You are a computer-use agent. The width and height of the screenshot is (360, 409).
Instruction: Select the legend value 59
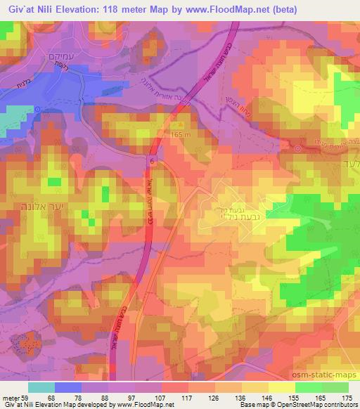[x=27, y=399]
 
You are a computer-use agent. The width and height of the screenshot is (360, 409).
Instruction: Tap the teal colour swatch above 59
[x=41, y=387]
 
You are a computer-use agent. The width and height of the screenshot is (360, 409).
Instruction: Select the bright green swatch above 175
[x=335, y=387]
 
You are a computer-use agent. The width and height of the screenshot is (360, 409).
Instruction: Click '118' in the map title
[x=120, y=9]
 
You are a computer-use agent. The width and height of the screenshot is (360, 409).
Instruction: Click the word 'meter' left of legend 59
[x=10, y=399]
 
